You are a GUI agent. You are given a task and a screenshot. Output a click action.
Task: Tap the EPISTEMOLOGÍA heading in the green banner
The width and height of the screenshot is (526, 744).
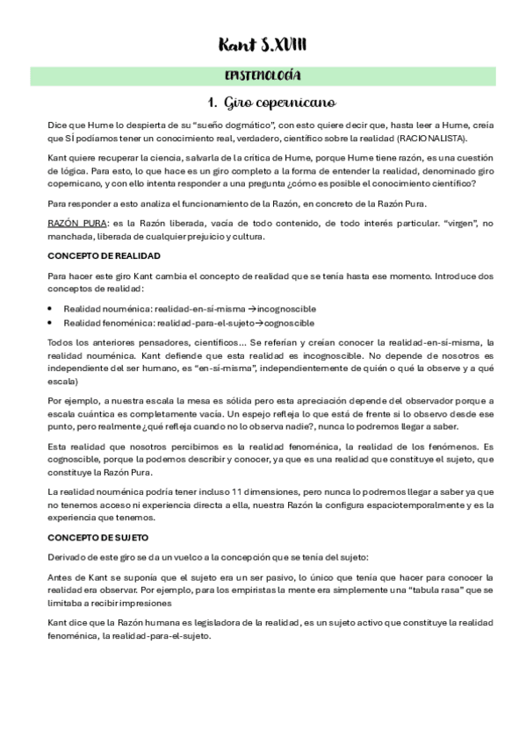pyautogui.click(x=263, y=75)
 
